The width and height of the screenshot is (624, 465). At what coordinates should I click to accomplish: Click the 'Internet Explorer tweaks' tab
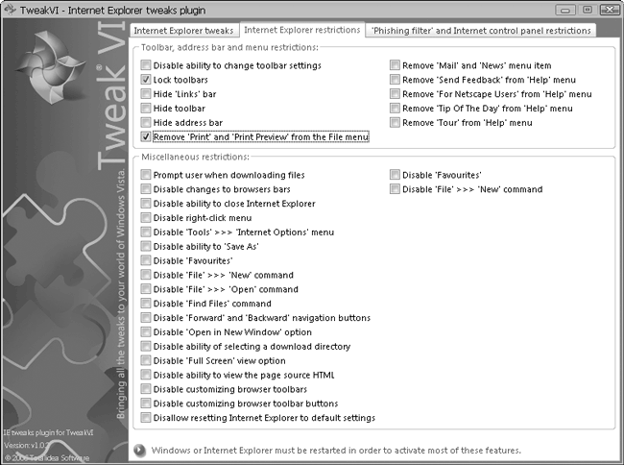(183, 31)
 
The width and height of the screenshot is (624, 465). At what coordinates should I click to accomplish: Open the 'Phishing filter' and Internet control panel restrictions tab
(480, 31)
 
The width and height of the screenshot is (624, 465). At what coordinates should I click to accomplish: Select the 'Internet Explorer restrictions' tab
(300, 31)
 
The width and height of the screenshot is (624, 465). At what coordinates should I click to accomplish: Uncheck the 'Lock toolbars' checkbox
(146, 80)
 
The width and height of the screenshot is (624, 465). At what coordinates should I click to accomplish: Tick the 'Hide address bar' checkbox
(146, 123)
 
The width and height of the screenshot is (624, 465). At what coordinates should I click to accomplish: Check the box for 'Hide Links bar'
(146, 94)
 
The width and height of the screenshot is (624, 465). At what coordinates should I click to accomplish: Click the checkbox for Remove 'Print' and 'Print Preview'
(146, 137)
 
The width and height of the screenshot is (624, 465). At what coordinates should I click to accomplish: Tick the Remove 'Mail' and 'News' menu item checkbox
(395, 65)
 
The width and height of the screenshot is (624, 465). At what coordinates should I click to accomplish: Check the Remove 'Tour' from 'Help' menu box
(395, 123)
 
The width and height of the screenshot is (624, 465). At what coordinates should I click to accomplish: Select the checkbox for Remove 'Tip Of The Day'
(395, 109)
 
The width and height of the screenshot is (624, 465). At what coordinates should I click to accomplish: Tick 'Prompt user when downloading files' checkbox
(146, 175)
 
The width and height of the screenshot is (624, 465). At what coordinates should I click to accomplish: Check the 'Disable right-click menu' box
(146, 218)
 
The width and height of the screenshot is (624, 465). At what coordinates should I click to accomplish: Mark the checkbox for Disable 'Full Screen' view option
(146, 360)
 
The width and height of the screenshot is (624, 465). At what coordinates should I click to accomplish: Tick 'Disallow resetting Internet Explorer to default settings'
(146, 418)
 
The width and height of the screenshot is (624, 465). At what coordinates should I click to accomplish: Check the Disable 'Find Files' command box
(146, 304)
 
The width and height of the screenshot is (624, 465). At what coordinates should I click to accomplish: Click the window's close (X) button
(605, 9)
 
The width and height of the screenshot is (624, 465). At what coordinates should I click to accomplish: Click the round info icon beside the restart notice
(140, 449)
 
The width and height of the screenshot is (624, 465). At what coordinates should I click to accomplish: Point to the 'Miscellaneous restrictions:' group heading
(195, 156)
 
